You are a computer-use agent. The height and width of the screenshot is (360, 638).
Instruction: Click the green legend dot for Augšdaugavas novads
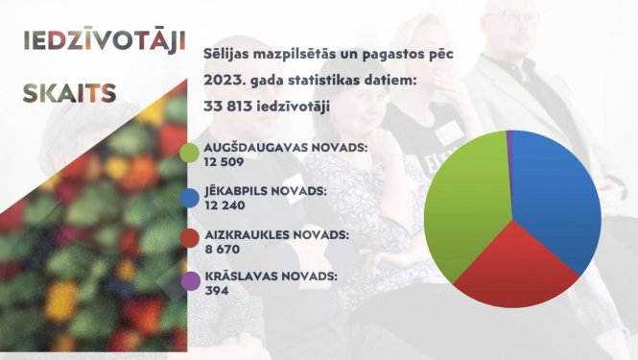[x=190, y=153]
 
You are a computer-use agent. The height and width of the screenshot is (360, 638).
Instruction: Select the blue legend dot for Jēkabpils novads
[x=190, y=198]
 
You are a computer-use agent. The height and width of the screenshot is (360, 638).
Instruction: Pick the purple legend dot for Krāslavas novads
[x=190, y=281]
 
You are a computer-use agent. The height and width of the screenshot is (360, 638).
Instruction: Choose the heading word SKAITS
[x=69, y=93]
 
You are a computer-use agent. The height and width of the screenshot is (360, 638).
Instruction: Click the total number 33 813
[x=232, y=106]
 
